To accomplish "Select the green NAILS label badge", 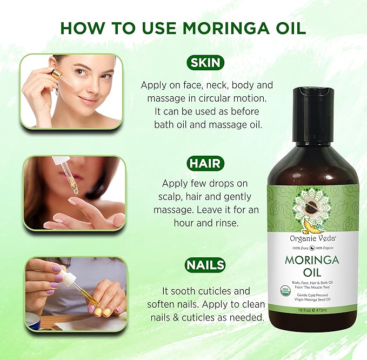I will coord(205,265).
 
